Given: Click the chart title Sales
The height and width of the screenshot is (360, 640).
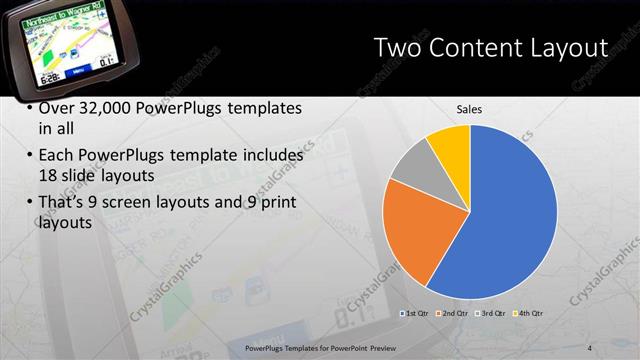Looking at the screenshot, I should click(x=470, y=110).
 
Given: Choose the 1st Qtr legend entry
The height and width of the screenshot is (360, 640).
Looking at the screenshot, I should click(x=415, y=314).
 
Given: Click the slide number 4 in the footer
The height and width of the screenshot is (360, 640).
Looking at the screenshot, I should click(x=590, y=347).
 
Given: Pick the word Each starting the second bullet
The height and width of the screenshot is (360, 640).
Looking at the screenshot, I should click(x=54, y=156).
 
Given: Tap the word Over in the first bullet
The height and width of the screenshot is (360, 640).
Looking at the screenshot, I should click(x=56, y=108).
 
